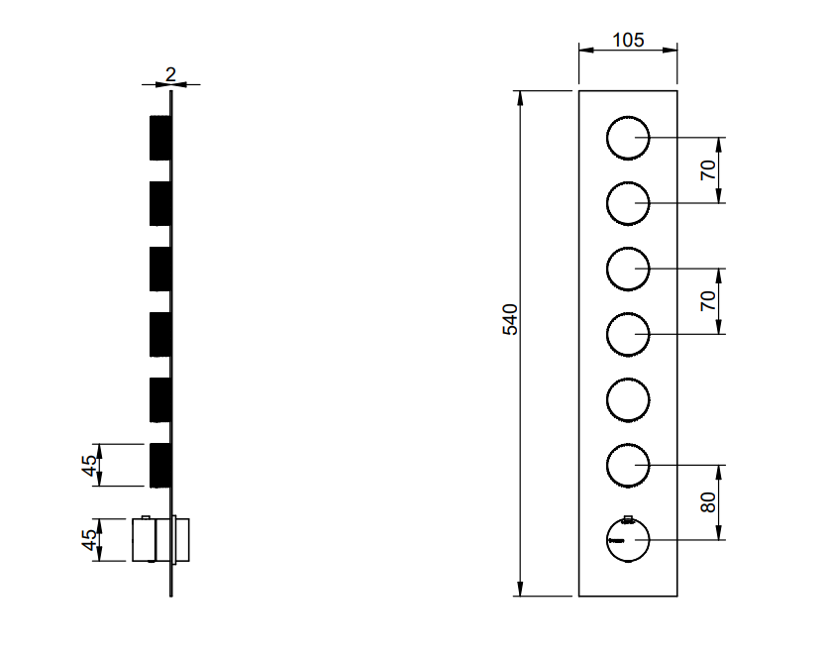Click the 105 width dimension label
tap(628, 41)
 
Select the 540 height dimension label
tap(510, 319)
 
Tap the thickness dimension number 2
tap(170, 74)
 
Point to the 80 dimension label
tap(708, 502)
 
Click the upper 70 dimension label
tap(708, 169)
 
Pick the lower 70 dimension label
tap(708, 300)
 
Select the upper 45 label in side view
tap(90, 466)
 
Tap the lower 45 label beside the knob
tap(90, 540)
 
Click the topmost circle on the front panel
tap(607, 138)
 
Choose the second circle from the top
tap(607, 203)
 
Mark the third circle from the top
tap(607, 269)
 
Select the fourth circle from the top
tap(607, 334)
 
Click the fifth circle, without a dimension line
tap(607, 399)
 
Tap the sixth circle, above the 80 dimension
tap(607, 466)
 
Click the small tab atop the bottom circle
tap(628, 519)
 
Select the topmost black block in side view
tap(160, 138)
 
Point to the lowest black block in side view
tap(160, 466)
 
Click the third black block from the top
tap(160, 269)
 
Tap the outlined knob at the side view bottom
tap(160, 540)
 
